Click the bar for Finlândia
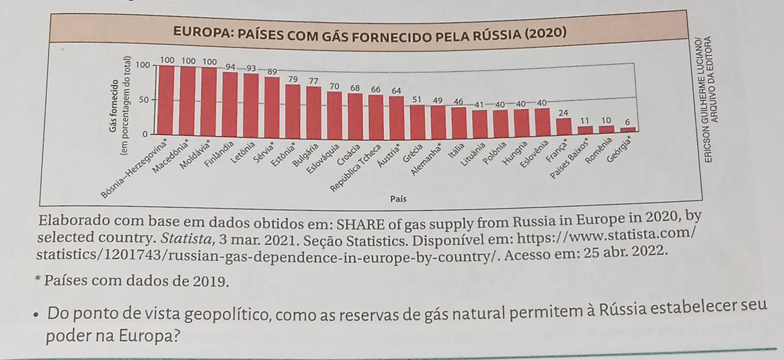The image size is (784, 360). tap(230, 103)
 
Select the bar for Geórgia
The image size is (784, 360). tap(627, 130)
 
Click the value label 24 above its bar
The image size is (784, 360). tap(563, 112)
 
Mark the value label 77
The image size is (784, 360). tap(313, 81)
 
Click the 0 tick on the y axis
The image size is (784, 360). tap(145, 134)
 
